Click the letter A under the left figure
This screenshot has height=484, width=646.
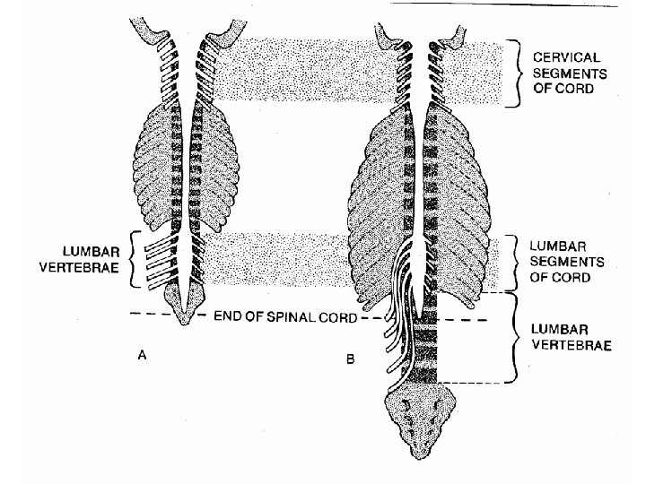142,355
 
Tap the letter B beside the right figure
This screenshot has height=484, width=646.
351,360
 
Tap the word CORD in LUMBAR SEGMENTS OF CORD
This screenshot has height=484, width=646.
573,278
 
